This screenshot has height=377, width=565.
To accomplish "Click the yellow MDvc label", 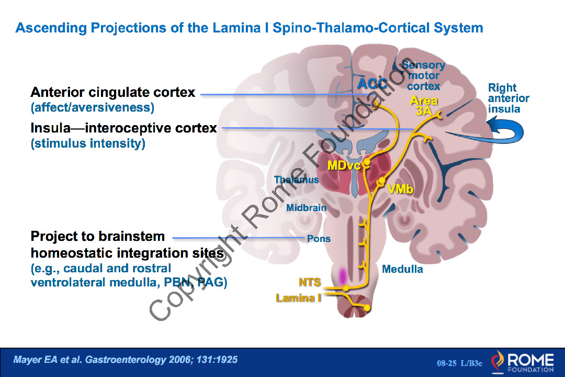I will (344, 165).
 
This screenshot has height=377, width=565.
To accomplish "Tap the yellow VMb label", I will (400, 189).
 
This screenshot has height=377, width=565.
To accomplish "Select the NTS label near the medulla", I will (310, 282).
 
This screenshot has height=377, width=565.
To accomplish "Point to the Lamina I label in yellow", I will (298, 298).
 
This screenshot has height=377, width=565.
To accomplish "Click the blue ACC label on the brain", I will (372, 83).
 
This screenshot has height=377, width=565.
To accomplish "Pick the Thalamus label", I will (296, 180).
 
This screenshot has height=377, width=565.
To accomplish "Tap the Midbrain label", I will (306, 208).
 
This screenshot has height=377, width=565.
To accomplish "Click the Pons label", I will (319, 239).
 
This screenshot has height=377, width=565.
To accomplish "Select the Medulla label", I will (402, 269).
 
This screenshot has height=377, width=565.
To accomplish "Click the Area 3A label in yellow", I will (424, 105).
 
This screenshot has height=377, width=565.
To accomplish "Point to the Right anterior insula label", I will (508, 98).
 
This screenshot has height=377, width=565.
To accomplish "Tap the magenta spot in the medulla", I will (343, 275).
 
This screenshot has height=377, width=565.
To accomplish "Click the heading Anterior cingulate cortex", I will (113, 93).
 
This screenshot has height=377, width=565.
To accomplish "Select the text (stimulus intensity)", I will (88, 143).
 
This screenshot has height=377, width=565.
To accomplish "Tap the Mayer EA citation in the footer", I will (126, 360).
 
